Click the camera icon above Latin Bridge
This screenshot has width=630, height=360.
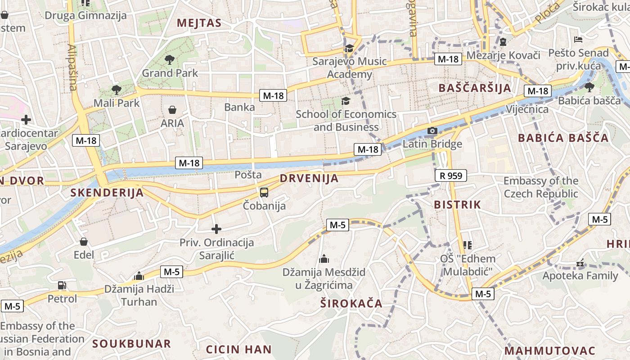click(432, 131)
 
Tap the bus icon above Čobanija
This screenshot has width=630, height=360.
click(264, 193)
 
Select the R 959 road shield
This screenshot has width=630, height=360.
click(451, 175)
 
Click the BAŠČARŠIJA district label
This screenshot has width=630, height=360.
click(475, 88)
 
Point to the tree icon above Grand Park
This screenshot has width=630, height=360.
click(170, 59)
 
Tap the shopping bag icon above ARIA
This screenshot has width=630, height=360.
click(172, 109)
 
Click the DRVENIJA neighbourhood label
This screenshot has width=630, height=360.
click(309, 178)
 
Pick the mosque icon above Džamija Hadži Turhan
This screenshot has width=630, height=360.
click(139, 275)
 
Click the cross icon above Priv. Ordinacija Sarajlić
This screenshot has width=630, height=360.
click(216, 229)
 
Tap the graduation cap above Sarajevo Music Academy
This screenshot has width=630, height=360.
click(349, 48)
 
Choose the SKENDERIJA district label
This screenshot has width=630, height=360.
click(107, 193)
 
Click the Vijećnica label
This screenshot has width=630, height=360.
click(527, 109)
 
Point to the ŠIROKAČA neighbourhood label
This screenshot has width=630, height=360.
click(351, 303)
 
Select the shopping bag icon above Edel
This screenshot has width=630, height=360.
click(83, 242)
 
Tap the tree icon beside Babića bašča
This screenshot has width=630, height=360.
click(589, 87)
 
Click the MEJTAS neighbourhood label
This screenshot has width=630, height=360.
click(199, 23)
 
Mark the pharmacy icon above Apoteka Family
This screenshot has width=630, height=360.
click(580, 262)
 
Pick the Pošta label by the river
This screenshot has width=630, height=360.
click(248, 175)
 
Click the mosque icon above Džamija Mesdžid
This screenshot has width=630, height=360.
click(324, 259)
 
